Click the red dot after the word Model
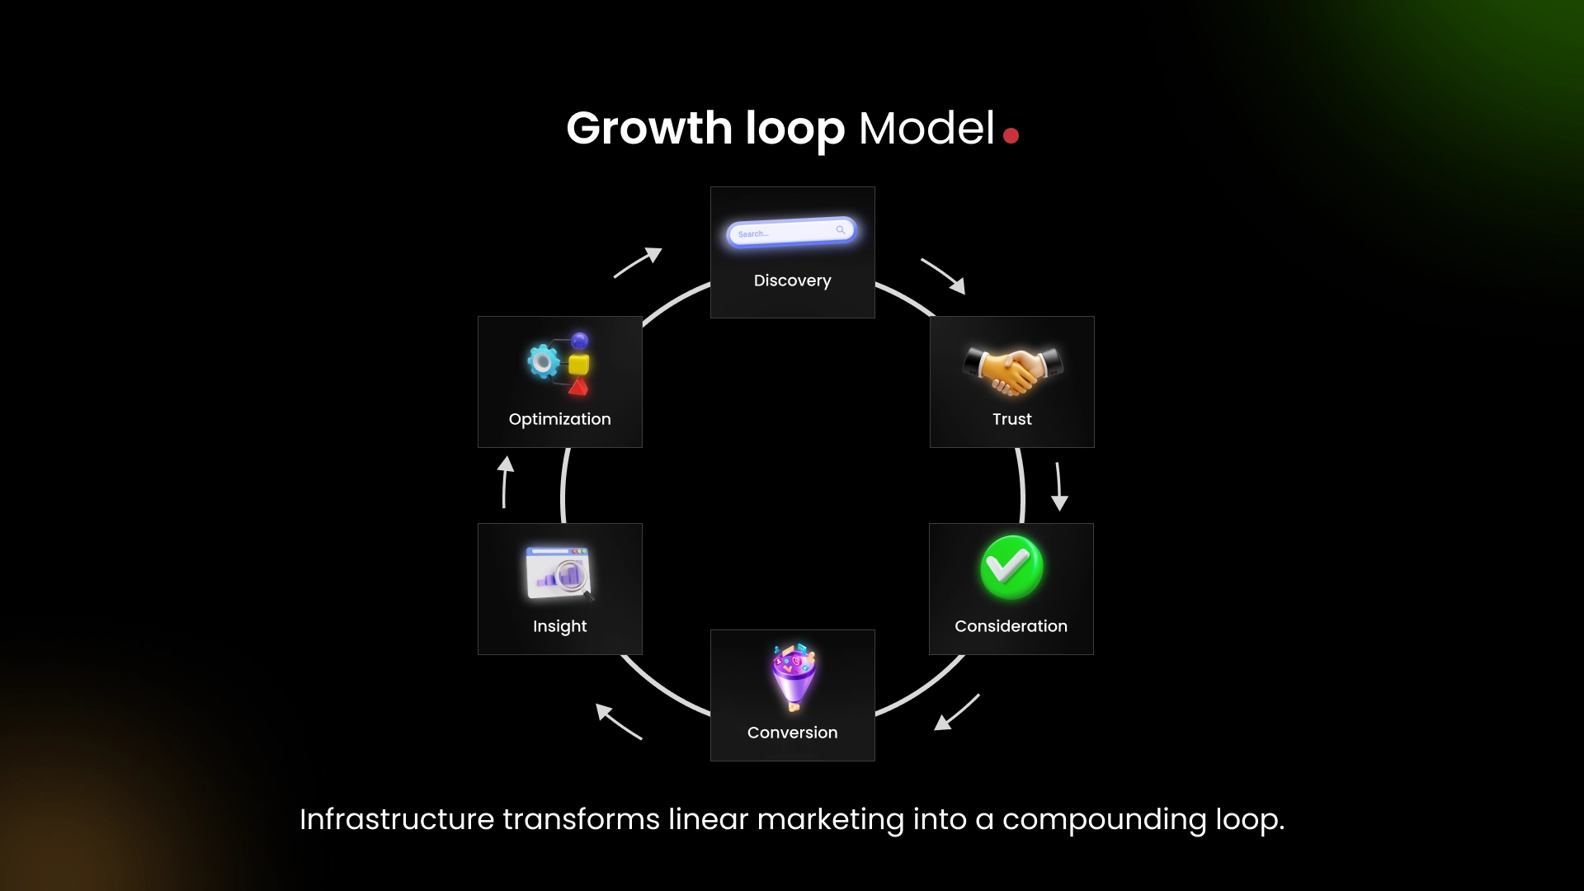[x=1011, y=135]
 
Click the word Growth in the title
[x=648, y=129]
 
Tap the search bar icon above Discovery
[x=791, y=233]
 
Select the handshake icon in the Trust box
[x=1012, y=369]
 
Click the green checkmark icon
[x=1011, y=567]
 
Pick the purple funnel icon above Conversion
[x=794, y=676]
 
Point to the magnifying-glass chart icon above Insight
[x=559, y=573]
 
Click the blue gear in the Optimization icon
[x=543, y=361]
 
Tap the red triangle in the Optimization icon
[x=578, y=386]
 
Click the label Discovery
[x=792, y=280]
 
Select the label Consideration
[x=1011, y=626]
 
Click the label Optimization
[x=559, y=419]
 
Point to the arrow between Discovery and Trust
[x=943, y=276]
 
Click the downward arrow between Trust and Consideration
[x=1058, y=487]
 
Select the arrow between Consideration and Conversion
[x=957, y=712]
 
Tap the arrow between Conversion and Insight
[x=618, y=721]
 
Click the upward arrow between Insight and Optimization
[x=505, y=482]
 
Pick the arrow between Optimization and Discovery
[x=638, y=262]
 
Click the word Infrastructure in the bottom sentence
[x=397, y=819]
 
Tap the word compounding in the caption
[x=1104, y=819]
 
